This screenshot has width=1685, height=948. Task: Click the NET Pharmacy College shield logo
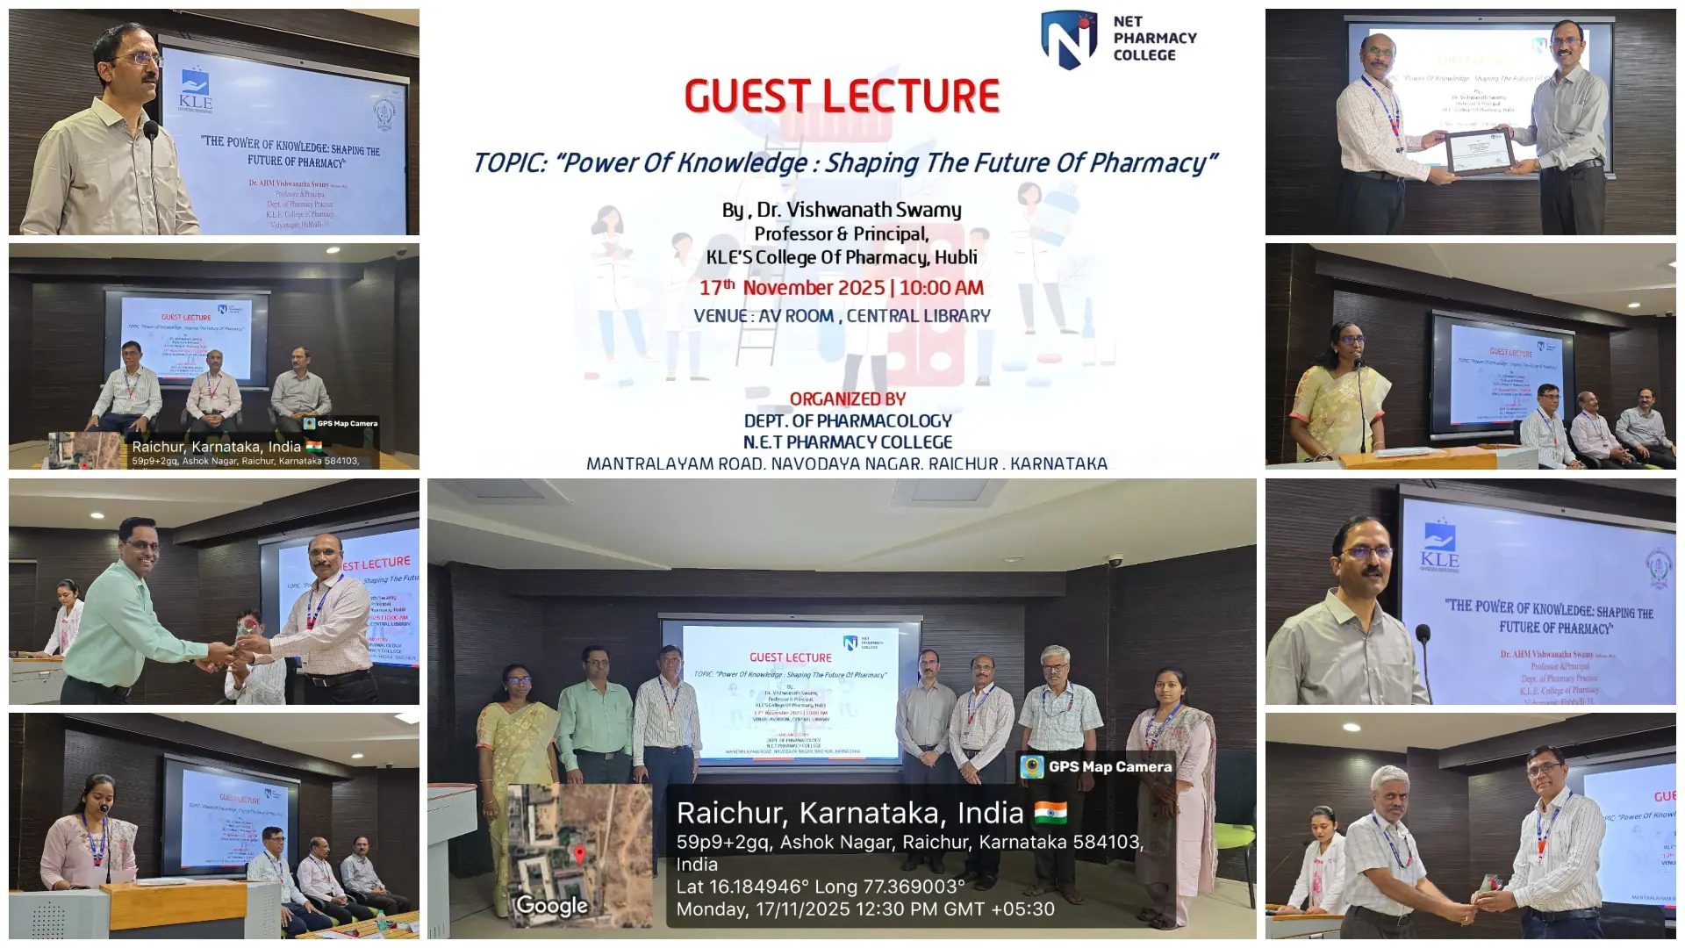pos(1069,39)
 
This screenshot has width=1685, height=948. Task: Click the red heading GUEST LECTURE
pos(842,97)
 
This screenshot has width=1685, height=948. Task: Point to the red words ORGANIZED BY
pos(847,399)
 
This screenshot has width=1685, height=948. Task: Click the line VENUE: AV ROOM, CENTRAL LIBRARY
pos(842,316)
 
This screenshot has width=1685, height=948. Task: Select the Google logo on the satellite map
pos(551,905)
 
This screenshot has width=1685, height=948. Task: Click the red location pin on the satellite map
pos(579,853)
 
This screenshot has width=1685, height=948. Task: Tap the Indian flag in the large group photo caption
pos(1050,813)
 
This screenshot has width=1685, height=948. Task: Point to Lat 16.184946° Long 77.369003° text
pos(820,887)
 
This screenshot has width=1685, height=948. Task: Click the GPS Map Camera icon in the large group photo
pos(1032,766)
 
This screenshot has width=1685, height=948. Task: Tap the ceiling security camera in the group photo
pos(1115,559)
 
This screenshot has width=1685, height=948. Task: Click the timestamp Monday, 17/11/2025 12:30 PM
pos(864,909)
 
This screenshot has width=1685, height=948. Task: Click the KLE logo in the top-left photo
pos(195,90)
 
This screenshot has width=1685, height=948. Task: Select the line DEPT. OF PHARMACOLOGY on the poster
pos(847,421)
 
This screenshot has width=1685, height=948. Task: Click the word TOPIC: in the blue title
pos(512,163)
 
